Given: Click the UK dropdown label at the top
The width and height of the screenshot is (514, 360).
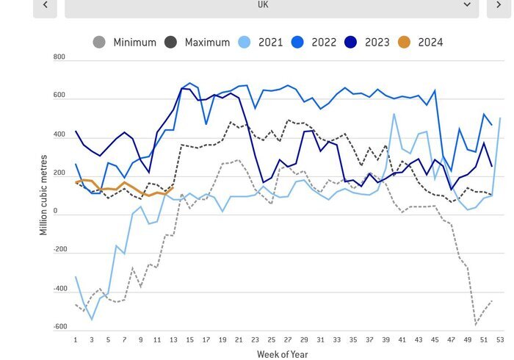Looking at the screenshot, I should click(x=262, y=4).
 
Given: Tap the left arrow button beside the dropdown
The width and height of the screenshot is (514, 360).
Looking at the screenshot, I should click(x=46, y=4).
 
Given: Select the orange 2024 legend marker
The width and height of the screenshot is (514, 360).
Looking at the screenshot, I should click(x=405, y=43).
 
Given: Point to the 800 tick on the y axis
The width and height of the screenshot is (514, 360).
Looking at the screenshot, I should click(x=59, y=57).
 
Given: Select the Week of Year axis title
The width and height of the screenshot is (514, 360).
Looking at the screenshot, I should click(x=283, y=354).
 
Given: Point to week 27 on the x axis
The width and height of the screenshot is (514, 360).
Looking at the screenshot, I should click(x=287, y=340).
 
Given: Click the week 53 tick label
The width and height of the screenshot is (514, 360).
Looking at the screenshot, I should click(x=500, y=340).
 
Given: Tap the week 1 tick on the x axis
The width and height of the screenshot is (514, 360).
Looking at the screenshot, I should click(x=76, y=340).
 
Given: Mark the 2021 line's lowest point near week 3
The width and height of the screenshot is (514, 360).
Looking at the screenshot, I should click(x=92, y=320).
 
